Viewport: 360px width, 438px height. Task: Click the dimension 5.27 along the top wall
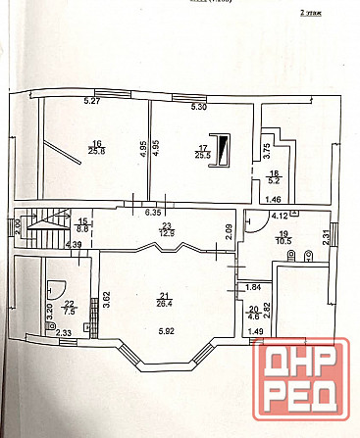coord(92,101)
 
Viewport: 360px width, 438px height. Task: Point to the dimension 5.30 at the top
coord(198,105)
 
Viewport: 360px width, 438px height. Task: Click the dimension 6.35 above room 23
coord(153,213)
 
